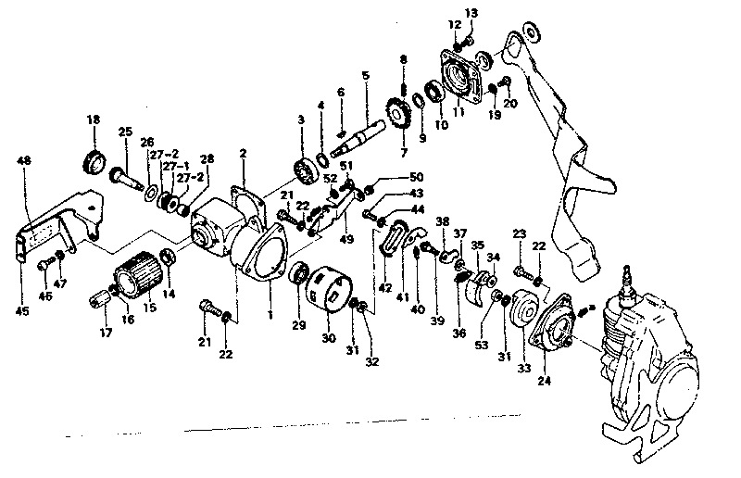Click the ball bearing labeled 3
[x=304, y=168]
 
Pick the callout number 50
[x=415, y=176]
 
